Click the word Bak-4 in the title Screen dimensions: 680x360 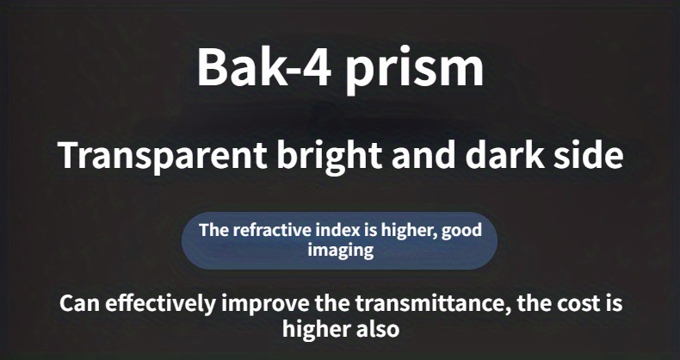264,66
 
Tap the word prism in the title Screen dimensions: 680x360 414,71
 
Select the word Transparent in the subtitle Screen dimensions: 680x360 162,156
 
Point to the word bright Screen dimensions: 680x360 330,156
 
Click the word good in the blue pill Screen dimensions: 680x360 461,230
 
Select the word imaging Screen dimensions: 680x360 341,251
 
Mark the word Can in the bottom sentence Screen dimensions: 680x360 80,303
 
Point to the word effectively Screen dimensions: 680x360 160,304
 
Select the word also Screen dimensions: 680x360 377,329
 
